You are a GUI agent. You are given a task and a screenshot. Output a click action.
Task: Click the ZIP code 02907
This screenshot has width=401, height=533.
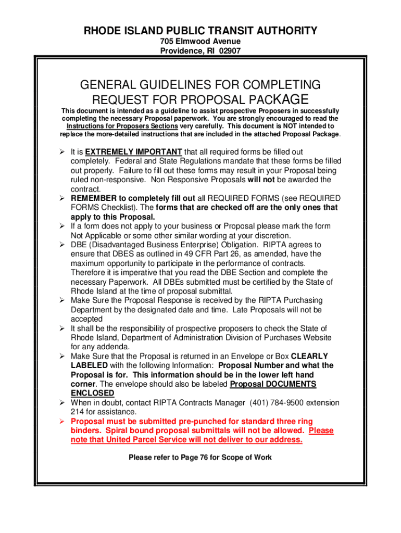(230, 51)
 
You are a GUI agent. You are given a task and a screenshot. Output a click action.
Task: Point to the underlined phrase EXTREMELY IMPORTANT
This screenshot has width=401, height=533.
(137, 151)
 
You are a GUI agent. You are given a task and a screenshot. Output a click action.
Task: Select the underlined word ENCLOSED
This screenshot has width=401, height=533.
(92, 393)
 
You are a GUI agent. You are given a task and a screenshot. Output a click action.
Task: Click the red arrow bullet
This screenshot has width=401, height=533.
(61, 421)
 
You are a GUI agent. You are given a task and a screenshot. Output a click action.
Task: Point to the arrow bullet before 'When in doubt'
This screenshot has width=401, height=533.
(61, 402)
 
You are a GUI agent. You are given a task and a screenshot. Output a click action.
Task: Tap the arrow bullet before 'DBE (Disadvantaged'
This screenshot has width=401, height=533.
(61, 245)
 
